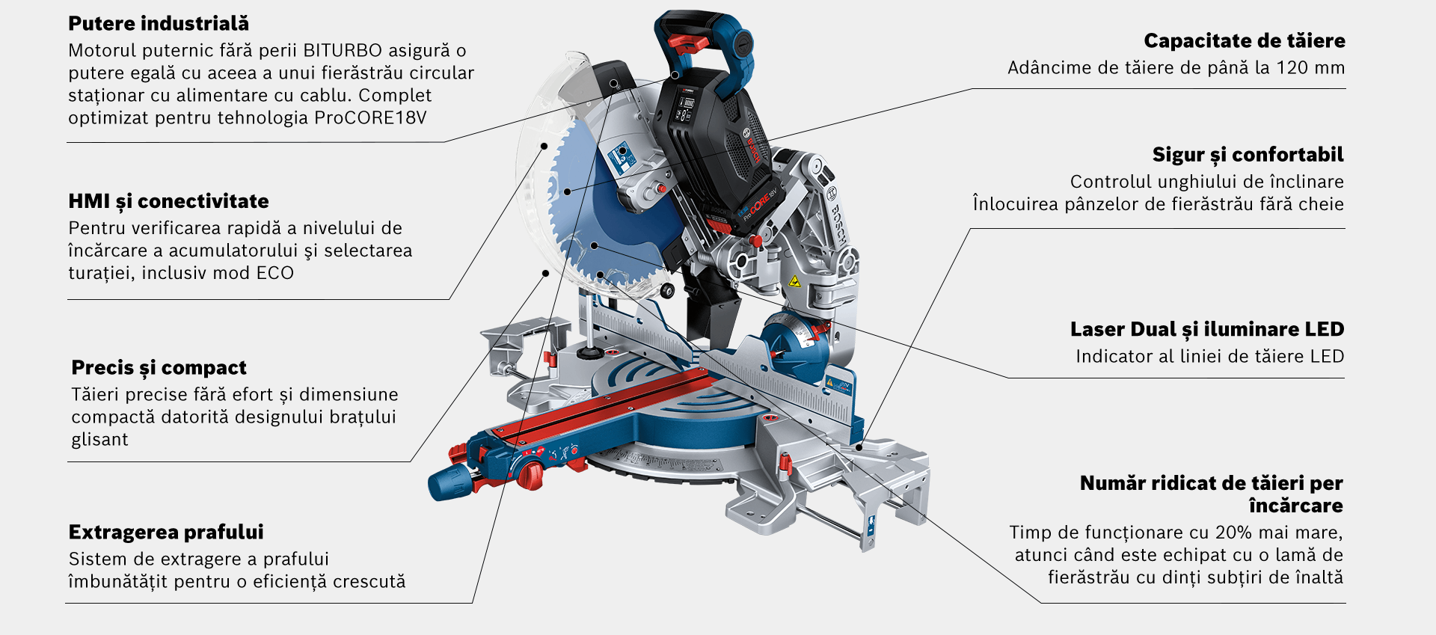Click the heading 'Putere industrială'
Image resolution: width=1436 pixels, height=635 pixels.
tap(158, 24)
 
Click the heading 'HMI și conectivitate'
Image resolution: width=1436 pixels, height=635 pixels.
tap(168, 201)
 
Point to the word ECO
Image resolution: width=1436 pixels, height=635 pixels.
tap(274, 273)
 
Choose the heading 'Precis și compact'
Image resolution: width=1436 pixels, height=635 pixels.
tap(159, 368)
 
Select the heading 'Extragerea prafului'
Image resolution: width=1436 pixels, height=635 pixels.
tap(166, 533)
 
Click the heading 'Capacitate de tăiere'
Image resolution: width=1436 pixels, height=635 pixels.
tap(1244, 41)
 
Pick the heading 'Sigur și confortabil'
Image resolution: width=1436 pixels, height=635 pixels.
tap(1248, 155)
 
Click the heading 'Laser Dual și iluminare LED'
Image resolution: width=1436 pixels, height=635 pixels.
tap(1206, 330)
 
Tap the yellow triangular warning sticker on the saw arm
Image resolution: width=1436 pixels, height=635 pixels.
tap(794, 282)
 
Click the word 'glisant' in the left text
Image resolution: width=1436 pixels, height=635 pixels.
tap(99, 440)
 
